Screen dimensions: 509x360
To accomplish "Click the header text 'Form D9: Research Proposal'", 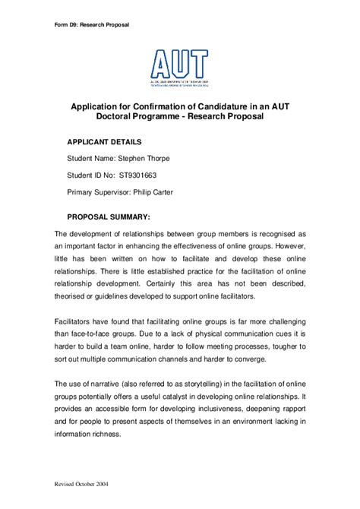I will [x=91, y=24].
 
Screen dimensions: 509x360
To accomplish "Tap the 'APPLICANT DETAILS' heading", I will [x=104, y=141].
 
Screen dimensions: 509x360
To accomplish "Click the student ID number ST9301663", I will [x=144, y=175].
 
